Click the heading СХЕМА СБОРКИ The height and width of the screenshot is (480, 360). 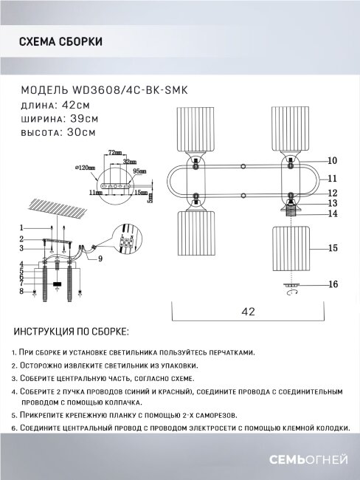60,42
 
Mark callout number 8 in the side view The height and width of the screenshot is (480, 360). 23,292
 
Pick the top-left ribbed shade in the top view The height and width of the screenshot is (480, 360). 195,131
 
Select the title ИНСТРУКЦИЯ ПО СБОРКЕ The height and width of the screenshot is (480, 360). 71,331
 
